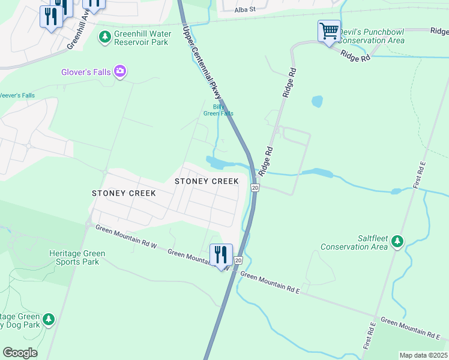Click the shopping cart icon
click(329, 31)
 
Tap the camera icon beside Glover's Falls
click(120, 72)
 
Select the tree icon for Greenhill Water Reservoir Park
click(105, 37)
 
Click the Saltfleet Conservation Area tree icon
click(397, 242)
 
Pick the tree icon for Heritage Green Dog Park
click(49, 320)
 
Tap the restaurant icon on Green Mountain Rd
click(221, 255)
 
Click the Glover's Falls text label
click(86, 72)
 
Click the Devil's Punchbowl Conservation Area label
click(372, 36)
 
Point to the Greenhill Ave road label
click(79, 31)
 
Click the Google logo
click(20, 352)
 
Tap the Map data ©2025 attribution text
click(423, 355)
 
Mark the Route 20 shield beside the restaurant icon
click(238, 260)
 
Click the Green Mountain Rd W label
click(126, 238)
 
